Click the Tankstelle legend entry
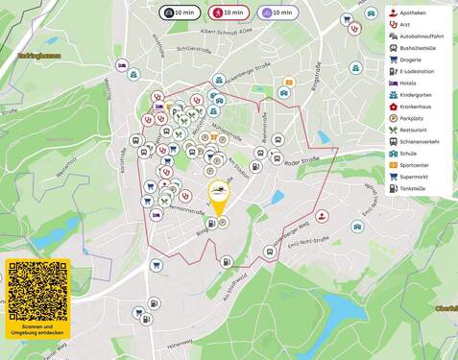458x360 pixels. pos(418,189)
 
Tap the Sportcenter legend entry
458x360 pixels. pos(419,166)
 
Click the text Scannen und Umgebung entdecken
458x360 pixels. pos(38,331)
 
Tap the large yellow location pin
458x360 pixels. pos(219,196)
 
